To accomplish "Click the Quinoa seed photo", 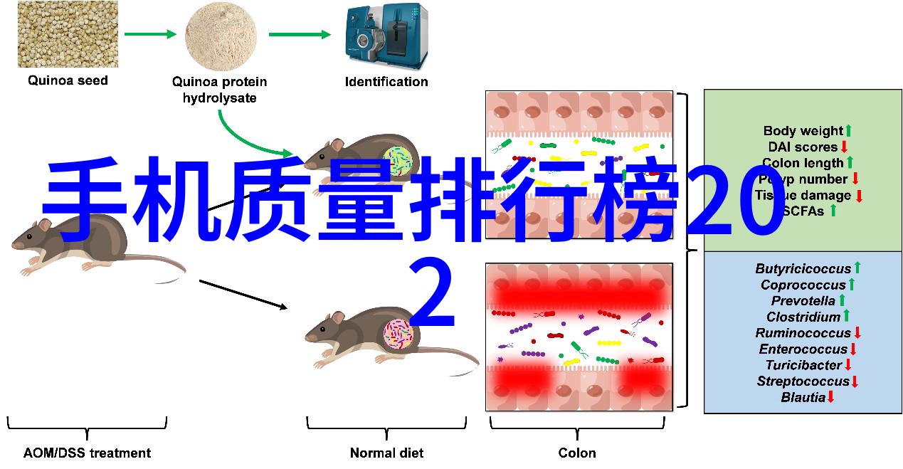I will [x=68, y=34].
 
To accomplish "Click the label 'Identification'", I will [x=386, y=81].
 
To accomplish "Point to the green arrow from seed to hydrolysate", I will [x=149, y=34].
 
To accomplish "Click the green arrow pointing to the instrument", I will [x=300, y=34].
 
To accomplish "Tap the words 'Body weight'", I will [x=803, y=131].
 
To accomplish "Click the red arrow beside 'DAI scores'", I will [x=844, y=147].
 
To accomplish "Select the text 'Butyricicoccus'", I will [x=803, y=269].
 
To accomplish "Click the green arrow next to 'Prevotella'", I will [x=843, y=301].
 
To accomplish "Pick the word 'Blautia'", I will [x=803, y=397].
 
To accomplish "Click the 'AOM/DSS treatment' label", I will [x=87, y=453].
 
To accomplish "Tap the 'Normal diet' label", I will [x=386, y=453].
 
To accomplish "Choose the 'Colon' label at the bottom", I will [x=577, y=453].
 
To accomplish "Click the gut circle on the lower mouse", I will [x=398, y=334].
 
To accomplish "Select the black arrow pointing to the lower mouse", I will [x=243, y=295].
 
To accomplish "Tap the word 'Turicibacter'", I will [x=803, y=365].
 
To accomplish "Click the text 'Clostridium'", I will [x=803, y=317].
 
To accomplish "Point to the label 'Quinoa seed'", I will [x=68, y=80].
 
